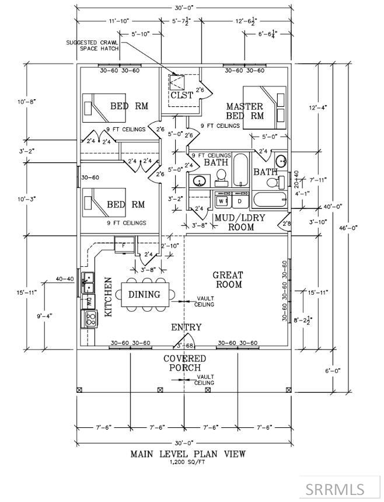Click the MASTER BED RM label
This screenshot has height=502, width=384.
[245, 111]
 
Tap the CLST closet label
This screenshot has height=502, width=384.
[181, 95]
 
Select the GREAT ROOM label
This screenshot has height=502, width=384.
[228, 280]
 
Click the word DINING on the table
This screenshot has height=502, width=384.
[144, 295]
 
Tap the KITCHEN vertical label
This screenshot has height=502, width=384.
[108, 297]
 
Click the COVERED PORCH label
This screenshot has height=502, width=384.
[184, 363]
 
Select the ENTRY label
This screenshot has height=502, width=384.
[186, 327]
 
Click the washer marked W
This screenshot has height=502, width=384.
[222, 201]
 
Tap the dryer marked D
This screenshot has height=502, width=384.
[239, 201]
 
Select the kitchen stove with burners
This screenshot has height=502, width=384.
[90, 318]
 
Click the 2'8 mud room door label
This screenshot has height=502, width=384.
[286, 224]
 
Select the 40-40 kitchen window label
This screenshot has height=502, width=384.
[64, 279]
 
